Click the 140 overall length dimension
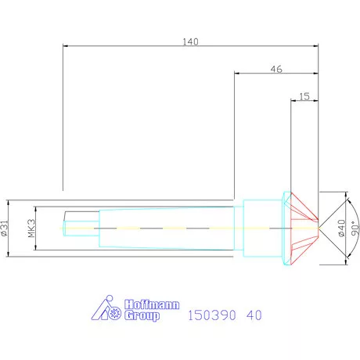pos(189,42)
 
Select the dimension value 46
pos(276,69)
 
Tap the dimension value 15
pos(304,96)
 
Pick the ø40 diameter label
pos(340,228)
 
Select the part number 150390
pos(213,316)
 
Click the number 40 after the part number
pos(253,316)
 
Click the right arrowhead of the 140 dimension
pos(317,47)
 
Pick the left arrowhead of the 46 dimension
pos(237,75)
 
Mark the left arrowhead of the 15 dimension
pos(292,102)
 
